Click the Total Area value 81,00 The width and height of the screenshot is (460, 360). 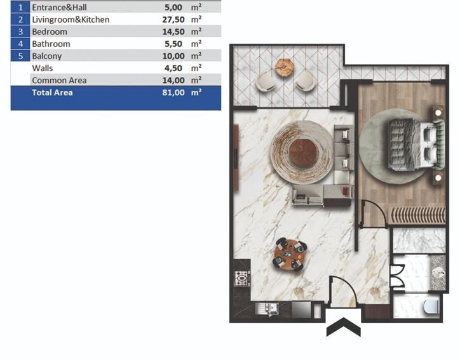[x=173, y=93]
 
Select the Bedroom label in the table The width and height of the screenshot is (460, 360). [x=49, y=32]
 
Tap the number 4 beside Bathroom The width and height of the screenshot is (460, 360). [x=20, y=44]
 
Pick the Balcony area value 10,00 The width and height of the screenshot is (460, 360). [x=173, y=56]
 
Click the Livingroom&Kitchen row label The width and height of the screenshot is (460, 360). [x=71, y=20]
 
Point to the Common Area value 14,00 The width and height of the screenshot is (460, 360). [x=173, y=80]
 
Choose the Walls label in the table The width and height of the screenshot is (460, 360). [x=43, y=68]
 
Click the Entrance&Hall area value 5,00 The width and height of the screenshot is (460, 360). [x=176, y=8]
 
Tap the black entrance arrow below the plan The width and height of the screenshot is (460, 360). [x=343, y=329]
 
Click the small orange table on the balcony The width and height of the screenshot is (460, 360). [x=285, y=66]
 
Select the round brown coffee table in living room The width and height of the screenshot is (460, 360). [x=303, y=152]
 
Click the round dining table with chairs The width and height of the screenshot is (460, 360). [x=290, y=254]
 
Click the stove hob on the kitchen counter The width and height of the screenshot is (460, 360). [x=241, y=278]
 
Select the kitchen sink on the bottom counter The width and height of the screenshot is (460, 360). [x=266, y=309]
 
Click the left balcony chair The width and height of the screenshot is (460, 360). [x=266, y=81]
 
